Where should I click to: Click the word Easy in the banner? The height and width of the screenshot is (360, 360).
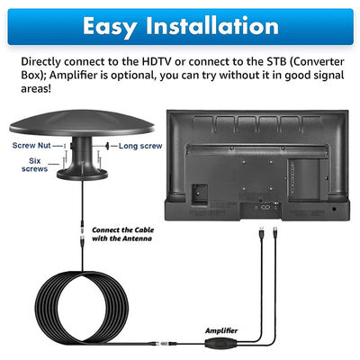coord(110,27)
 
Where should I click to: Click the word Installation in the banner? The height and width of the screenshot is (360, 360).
coord(212,26)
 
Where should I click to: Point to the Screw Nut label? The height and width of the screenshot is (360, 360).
coord(31,146)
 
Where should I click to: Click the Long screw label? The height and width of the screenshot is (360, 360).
coord(140,146)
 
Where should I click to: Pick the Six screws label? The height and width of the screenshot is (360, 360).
coord(35,165)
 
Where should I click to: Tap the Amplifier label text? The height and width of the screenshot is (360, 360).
coord(221,330)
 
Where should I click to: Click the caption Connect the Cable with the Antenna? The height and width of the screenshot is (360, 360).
coord(122,234)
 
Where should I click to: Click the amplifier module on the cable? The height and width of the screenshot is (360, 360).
coord(220,343)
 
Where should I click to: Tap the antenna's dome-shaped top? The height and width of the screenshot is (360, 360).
coord(82,123)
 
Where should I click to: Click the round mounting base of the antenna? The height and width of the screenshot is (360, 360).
coord(82,174)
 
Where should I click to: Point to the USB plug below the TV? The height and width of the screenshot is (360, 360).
coord(262,232)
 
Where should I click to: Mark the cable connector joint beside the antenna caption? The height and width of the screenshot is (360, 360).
coord(82,233)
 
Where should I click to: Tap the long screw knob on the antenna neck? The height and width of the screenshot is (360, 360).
coord(107,146)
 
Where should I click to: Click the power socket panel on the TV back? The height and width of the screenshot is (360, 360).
coord(199,194)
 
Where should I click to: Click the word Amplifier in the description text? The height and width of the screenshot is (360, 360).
coord(75,75)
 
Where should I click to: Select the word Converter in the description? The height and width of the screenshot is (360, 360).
coord(320,61)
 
